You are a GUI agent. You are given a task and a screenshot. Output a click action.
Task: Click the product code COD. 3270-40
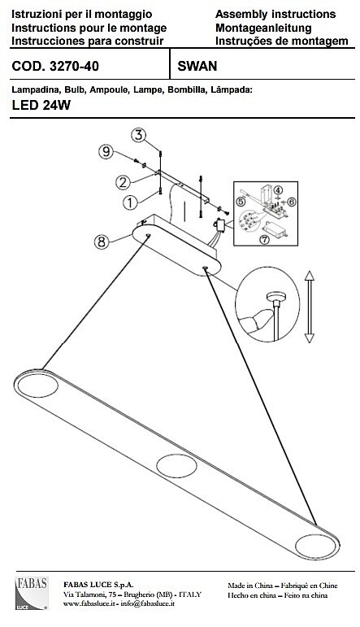pos(55,66)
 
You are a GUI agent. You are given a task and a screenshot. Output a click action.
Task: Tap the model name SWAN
pos(197,66)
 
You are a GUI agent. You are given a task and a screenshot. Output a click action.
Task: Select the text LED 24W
pos(41,105)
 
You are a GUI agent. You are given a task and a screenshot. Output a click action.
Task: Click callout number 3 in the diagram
pos(139,135)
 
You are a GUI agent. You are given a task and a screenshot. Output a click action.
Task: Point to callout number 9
pos(106,151)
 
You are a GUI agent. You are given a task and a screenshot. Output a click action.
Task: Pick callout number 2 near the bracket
pos(123,182)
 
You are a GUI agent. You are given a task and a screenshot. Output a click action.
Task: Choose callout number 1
pos(130,202)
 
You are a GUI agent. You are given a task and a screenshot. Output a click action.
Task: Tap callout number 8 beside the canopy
pos(102,242)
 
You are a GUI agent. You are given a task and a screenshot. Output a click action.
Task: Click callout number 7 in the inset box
pos(264,240)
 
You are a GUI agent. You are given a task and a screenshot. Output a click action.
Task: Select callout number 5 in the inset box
pos(241,202)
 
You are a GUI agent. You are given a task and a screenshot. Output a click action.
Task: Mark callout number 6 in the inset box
pos(291,202)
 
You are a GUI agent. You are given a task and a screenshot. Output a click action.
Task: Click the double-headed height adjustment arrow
pos(310,307)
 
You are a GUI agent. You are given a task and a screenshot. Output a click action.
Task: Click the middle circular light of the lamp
pos(176,466)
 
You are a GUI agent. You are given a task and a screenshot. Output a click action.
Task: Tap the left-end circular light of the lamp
pos(38,385)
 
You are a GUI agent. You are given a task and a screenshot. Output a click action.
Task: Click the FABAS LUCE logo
pos(32,593)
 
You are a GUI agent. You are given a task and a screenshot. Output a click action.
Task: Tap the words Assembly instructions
pos(275,15)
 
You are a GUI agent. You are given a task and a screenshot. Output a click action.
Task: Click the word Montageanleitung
pos(263,28)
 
